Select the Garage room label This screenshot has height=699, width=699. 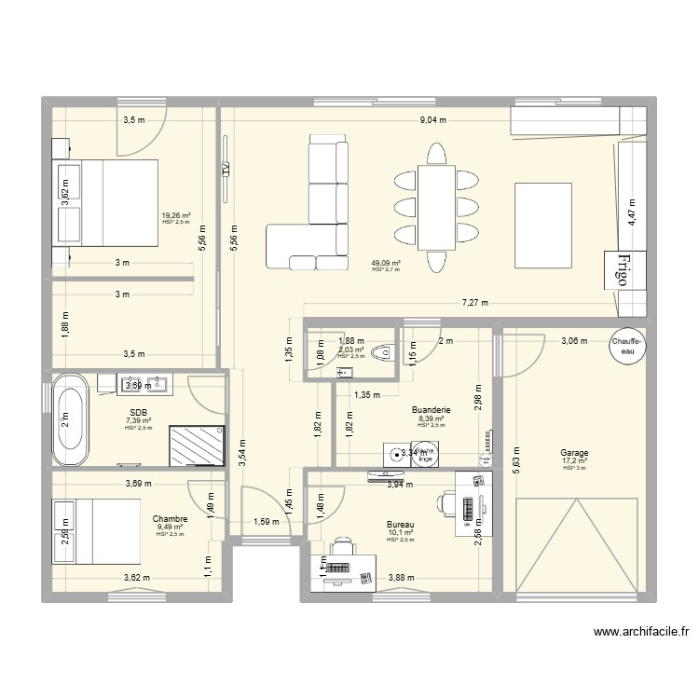[x=574, y=452]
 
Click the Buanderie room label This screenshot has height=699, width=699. [x=431, y=409]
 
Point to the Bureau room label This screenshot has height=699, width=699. [x=400, y=524]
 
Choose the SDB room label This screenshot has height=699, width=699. [x=138, y=412]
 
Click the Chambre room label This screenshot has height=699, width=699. [x=170, y=518]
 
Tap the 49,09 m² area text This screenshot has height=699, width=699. [x=386, y=263]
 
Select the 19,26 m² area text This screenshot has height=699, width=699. [x=175, y=215]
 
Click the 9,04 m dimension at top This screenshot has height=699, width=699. [x=432, y=119]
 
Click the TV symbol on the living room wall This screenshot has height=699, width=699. [x=226, y=170]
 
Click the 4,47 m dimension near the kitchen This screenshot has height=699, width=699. [x=631, y=213]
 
